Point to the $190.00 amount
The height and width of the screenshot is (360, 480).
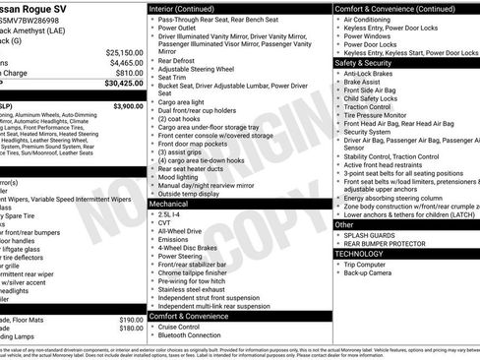click(131, 321)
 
